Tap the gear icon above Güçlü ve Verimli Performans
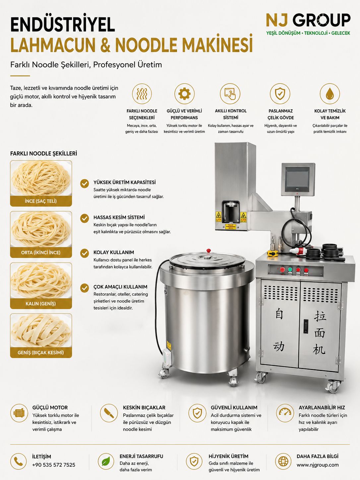coord(184,93)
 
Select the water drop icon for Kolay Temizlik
coord(330,93)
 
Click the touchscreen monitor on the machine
coord(298,179)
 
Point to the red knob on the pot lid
coord(209,251)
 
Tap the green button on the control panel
coord(290,270)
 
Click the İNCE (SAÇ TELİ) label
coord(41,201)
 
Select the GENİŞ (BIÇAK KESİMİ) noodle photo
coord(41,330)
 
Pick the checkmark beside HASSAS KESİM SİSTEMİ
coord(85,218)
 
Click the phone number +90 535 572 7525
coord(54,465)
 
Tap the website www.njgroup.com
coord(317,465)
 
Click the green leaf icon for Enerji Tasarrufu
coord(106,461)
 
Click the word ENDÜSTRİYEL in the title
coord(63,25)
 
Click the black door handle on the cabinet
coord(306,326)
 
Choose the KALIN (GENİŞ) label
coord(41,304)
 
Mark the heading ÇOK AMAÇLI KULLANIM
coord(120,287)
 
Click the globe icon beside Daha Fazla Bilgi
coord(283,461)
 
